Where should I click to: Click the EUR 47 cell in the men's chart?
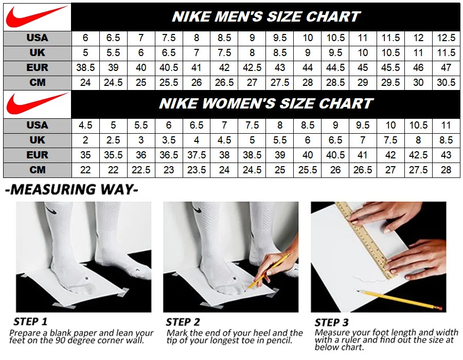[x=446, y=67]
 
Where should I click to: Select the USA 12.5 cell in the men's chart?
[x=446, y=38]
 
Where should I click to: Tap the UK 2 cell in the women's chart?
[x=85, y=140]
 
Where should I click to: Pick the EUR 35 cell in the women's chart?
[x=85, y=155]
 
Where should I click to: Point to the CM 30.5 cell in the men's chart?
[x=446, y=82]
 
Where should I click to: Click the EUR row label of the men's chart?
[x=37, y=67]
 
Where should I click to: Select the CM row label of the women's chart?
[x=37, y=170]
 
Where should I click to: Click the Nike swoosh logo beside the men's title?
[x=37, y=16]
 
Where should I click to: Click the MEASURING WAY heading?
[x=72, y=189]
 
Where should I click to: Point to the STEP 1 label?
[x=30, y=321]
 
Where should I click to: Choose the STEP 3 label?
[x=331, y=322]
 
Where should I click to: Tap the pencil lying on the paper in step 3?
[x=401, y=300]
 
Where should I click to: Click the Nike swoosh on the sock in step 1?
[x=52, y=210]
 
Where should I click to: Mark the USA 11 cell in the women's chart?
[x=446, y=125]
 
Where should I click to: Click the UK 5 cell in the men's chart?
[x=85, y=52]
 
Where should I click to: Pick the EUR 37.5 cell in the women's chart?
[x=197, y=155]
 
